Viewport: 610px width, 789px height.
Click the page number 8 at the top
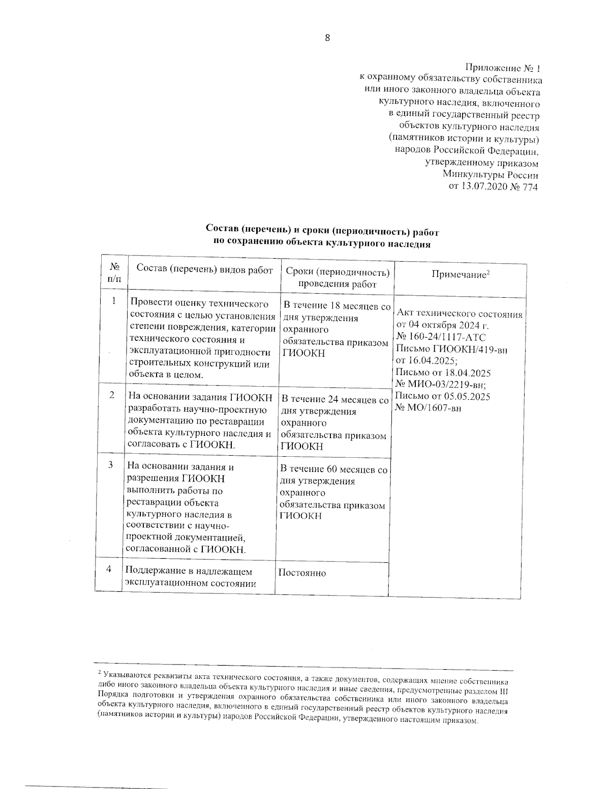(x=327, y=38)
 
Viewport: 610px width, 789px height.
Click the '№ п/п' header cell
(x=115, y=272)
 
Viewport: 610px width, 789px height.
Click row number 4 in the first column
(x=109, y=569)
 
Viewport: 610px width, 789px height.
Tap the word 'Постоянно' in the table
(x=302, y=573)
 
